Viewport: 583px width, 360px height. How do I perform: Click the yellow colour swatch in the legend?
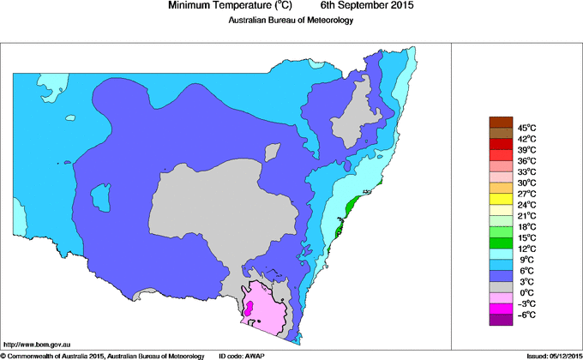(x=501, y=199)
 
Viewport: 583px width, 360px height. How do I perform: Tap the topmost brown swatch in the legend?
(x=501, y=122)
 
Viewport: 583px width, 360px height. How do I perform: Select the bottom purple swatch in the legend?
(x=501, y=320)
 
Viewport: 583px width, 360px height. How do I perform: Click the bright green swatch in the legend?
(x=501, y=231)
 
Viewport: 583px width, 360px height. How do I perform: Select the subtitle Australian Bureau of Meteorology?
(x=291, y=21)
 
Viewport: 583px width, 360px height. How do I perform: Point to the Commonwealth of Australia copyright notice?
(x=103, y=355)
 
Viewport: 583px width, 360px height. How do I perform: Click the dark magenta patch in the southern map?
(x=249, y=307)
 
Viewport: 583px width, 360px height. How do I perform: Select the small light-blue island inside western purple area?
(x=101, y=197)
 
